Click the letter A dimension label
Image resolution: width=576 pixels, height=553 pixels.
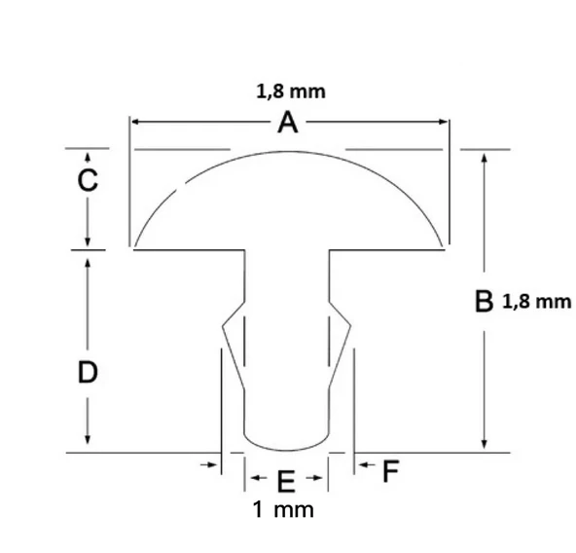(x=288, y=123)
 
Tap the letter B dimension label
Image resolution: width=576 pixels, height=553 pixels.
(x=485, y=301)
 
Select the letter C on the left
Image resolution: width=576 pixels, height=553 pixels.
(x=88, y=180)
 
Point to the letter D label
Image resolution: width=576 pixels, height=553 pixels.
(x=88, y=372)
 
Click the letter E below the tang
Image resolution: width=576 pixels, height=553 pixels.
(x=286, y=482)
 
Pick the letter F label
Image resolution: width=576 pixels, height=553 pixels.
(x=390, y=471)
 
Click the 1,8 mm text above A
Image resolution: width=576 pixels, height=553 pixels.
(x=291, y=92)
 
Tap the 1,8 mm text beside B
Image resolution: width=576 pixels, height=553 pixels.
(x=536, y=302)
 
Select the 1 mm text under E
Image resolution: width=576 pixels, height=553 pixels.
(x=283, y=510)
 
